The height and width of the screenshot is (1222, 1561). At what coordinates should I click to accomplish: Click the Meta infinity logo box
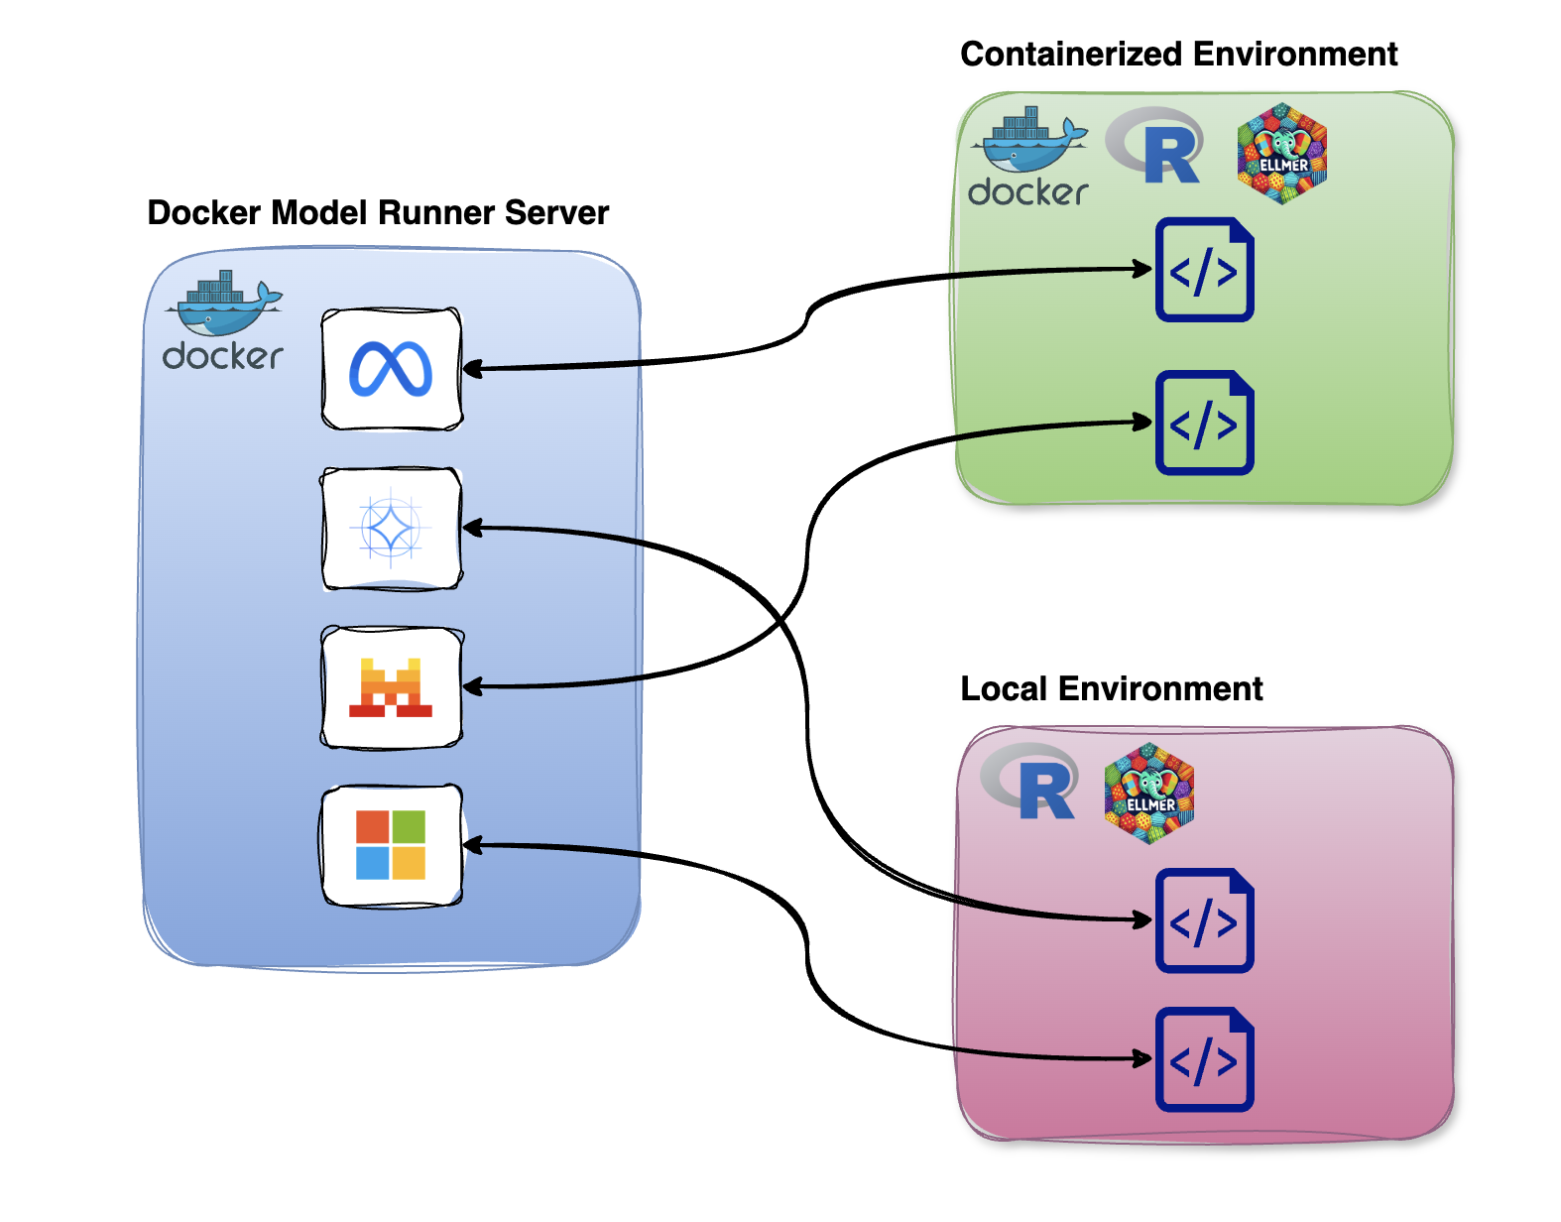(x=392, y=369)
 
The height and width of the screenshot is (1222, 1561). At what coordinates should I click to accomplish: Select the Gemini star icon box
(x=392, y=529)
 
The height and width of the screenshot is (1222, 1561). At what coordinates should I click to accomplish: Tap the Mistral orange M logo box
(x=392, y=686)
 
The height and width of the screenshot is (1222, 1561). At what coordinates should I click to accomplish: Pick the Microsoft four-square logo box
(x=392, y=845)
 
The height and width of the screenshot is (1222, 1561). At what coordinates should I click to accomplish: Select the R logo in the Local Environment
(x=1032, y=783)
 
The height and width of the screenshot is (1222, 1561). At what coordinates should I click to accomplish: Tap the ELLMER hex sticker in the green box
(x=1282, y=154)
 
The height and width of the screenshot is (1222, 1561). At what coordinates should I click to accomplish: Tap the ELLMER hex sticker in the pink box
(x=1149, y=794)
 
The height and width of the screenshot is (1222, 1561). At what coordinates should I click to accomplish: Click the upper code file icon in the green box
(x=1205, y=270)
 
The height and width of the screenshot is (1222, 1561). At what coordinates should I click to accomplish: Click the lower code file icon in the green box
(x=1205, y=424)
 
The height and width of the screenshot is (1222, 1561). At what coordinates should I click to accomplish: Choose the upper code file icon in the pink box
(x=1205, y=921)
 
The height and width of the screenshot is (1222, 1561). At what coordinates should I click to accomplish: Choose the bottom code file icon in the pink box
(x=1205, y=1060)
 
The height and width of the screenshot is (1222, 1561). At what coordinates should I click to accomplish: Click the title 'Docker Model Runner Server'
(x=378, y=212)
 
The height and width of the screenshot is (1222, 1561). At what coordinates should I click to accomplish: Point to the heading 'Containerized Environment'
(x=1178, y=54)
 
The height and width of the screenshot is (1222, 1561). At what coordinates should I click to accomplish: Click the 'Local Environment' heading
(x=1111, y=688)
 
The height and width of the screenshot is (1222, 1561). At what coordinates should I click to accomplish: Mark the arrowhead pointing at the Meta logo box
(x=472, y=369)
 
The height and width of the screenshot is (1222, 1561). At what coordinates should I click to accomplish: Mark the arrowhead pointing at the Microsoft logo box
(x=472, y=845)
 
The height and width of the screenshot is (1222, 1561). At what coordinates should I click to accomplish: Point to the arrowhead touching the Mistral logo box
(x=472, y=686)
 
